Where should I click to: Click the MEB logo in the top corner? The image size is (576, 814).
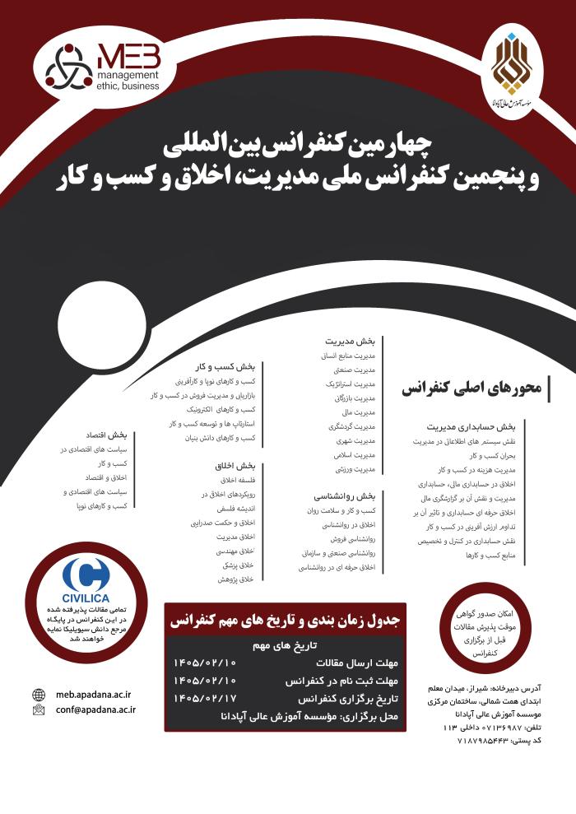pyautogui.click(x=104, y=65)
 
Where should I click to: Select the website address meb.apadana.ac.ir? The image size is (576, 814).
pyautogui.click(x=95, y=694)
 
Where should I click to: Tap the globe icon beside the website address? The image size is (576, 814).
pyautogui.click(x=38, y=694)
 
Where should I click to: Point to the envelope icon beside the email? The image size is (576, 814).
pyautogui.click(x=38, y=709)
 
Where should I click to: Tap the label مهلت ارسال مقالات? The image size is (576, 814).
pyautogui.click(x=351, y=662)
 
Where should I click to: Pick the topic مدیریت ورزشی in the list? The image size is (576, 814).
pyautogui.click(x=356, y=469)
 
